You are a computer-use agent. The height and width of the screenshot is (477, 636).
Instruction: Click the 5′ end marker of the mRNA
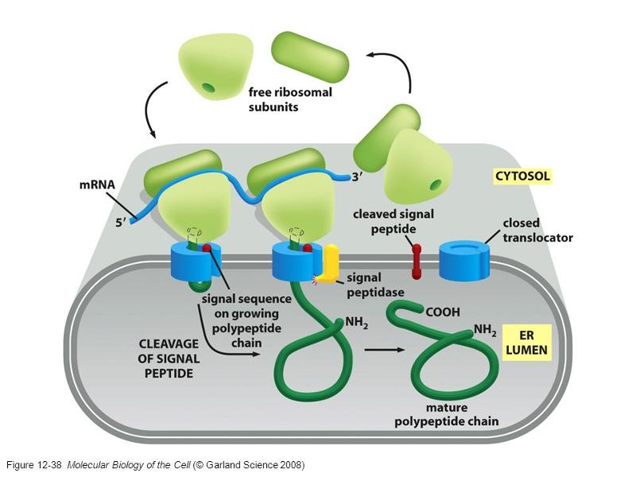(120, 223)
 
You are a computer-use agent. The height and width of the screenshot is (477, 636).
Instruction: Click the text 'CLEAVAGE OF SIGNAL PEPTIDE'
(167, 359)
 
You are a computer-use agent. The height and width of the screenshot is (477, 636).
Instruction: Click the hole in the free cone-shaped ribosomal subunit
(207, 87)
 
